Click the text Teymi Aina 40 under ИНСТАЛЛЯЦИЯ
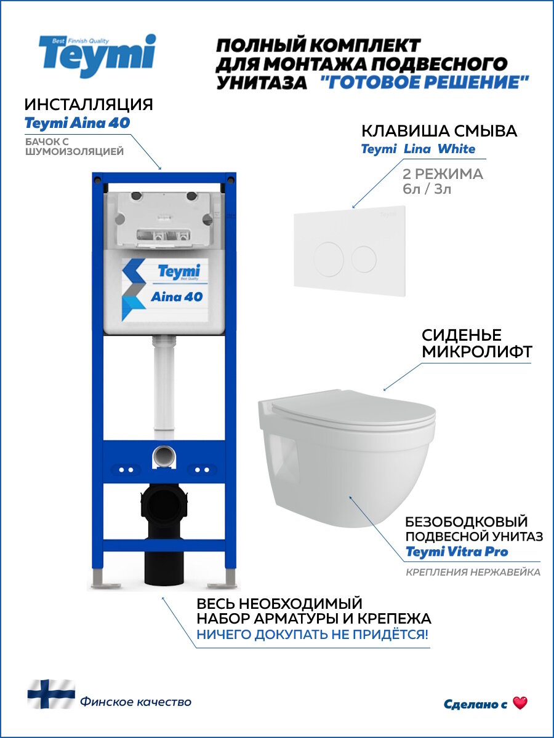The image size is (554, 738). (77, 123)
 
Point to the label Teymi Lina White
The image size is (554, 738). (418, 149)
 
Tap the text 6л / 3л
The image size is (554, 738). (426, 189)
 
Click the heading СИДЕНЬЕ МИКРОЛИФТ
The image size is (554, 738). (462, 344)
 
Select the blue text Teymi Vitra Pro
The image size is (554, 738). (457, 552)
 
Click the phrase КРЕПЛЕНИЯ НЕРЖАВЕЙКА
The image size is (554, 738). (473, 573)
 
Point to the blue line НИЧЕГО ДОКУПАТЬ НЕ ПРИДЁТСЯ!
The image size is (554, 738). (312, 635)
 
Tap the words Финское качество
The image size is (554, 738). (135, 702)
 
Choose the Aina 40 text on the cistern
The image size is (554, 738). (177, 296)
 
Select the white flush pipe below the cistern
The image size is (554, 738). (164, 387)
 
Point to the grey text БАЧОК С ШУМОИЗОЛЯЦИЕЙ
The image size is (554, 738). (74, 146)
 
